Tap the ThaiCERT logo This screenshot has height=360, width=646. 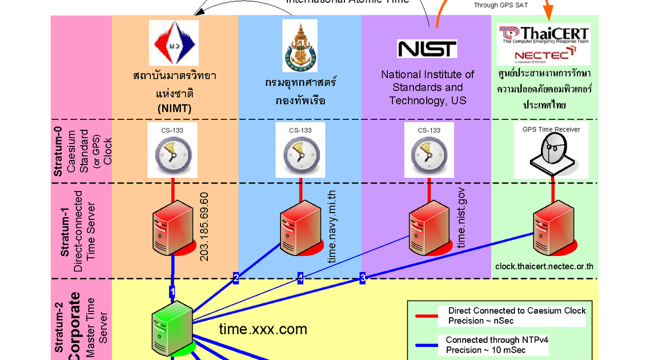pos(543,33)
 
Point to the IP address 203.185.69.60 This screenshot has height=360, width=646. pos(204,227)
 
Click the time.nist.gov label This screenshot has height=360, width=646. pos(462,220)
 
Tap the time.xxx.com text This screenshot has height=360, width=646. pos(263,329)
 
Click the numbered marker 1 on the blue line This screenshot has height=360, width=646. pos(172,291)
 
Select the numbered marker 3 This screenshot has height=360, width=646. pos(362,278)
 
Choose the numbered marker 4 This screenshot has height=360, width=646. pos(300,278)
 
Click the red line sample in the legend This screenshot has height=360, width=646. pos(425,315)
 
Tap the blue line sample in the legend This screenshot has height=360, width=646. pos(425,345)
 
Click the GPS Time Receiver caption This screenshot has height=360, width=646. pos(551,129)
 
